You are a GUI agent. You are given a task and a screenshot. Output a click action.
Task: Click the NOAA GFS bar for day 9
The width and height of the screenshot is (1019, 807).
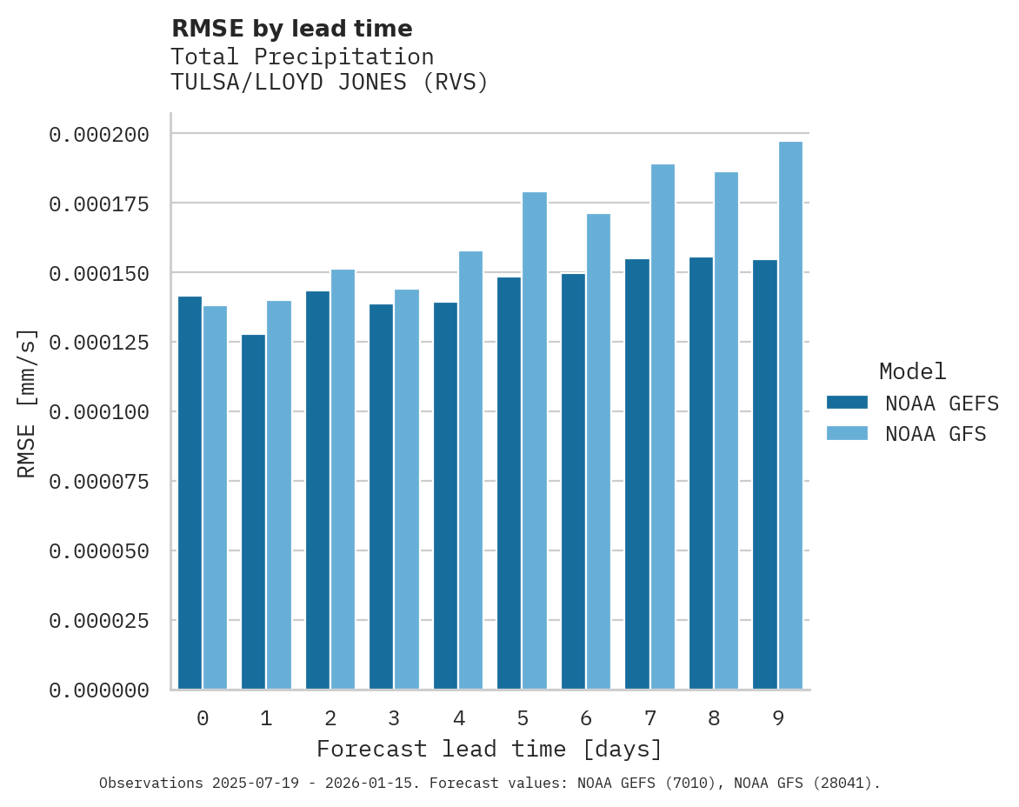790,416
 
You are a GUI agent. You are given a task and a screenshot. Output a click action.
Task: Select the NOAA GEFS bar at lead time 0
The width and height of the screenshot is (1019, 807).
190,493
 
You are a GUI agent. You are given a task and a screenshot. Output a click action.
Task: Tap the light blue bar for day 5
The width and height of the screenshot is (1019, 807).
535,441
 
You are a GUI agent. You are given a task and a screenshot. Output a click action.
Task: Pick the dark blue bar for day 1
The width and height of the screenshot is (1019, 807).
253,512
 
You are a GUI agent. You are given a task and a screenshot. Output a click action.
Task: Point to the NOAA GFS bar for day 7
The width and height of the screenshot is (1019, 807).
663,427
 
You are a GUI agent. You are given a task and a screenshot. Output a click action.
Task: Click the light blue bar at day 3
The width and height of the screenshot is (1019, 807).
407,490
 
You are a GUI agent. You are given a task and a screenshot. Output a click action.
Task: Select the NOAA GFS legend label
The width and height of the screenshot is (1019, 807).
936,434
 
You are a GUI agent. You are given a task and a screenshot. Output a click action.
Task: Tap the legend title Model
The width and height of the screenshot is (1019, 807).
912,372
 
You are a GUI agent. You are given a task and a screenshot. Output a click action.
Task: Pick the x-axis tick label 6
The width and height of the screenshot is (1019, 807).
586,718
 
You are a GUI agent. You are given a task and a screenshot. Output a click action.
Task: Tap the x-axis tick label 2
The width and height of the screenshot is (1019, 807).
330,718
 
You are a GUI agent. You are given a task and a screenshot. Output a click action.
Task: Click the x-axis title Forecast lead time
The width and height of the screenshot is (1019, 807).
489,749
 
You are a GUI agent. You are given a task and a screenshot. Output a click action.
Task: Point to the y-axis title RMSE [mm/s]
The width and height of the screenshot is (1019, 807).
27,403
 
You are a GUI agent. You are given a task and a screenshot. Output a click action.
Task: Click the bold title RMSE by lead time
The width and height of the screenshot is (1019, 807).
291,29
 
